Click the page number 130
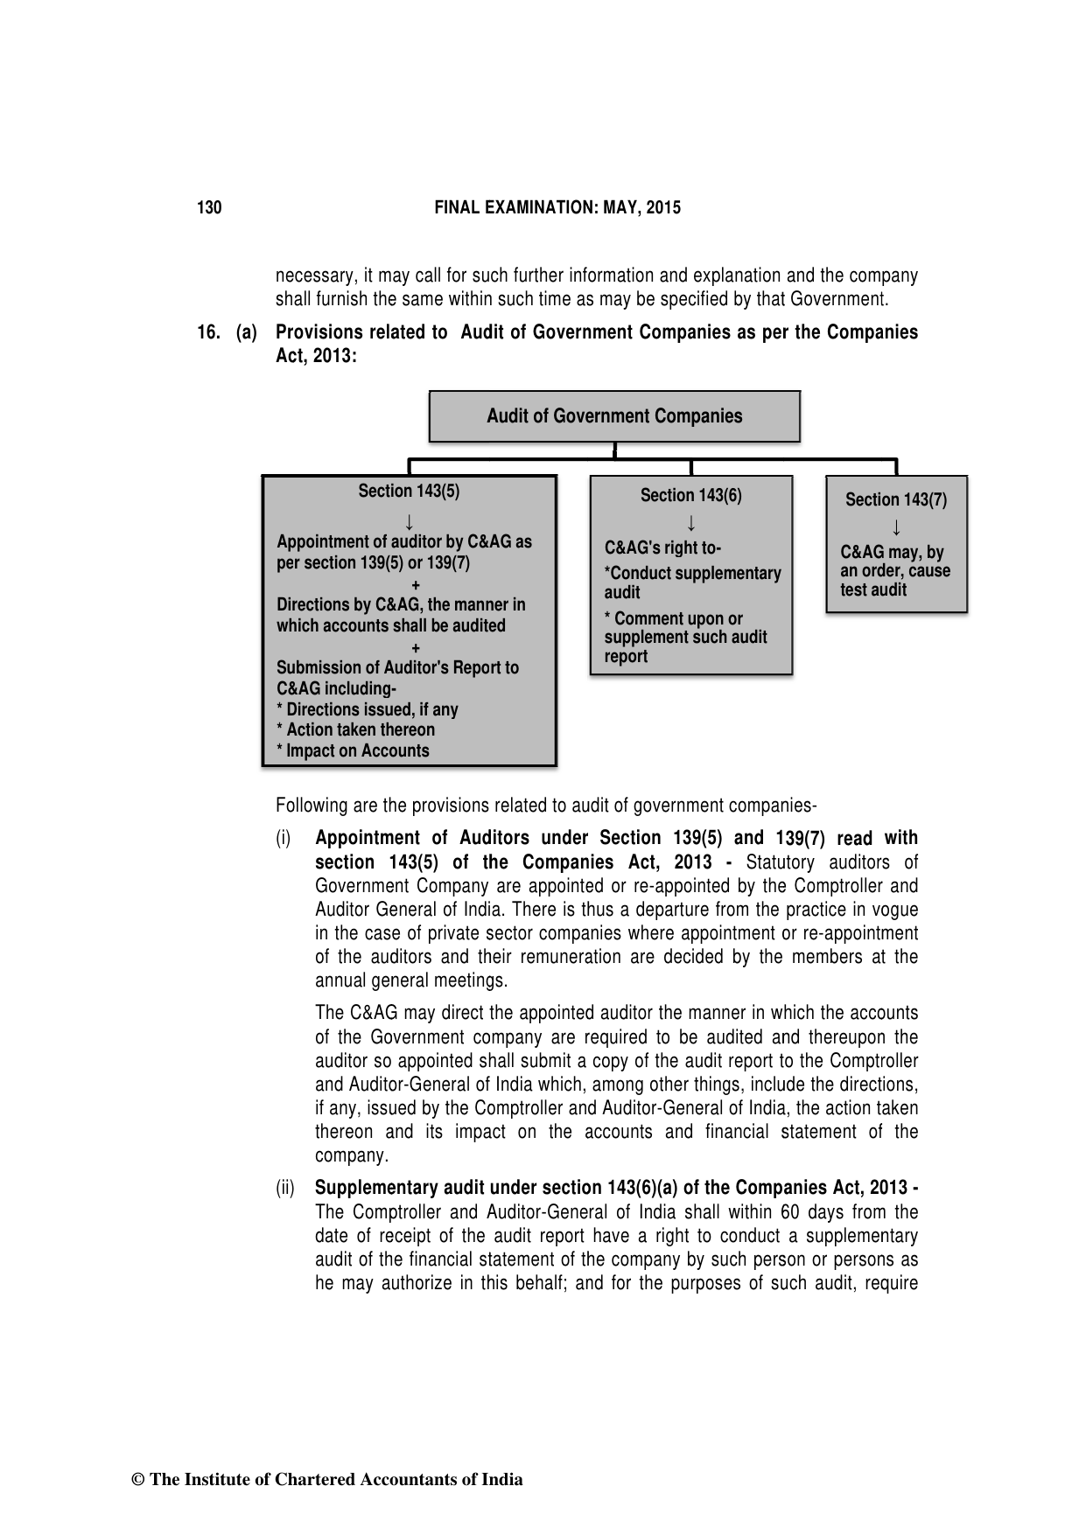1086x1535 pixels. pyautogui.click(x=209, y=208)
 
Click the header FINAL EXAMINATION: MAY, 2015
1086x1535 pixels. pyautogui.click(x=557, y=208)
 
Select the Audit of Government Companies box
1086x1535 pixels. pyautogui.click(x=614, y=416)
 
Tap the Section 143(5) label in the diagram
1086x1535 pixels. pyautogui.click(x=409, y=492)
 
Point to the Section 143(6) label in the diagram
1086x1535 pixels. pyautogui.click(x=690, y=496)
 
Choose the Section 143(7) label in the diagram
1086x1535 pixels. pyautogui.click(x=895, y=500)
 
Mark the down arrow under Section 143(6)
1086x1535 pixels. pyautogui.click(x=691, y=524)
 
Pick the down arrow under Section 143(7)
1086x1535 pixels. pyautogui.click(x=896, y=528)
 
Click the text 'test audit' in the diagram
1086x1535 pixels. pyautogui.click(x=873, y=590)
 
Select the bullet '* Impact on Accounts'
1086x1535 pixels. pyautogui.click(x=353, y=751)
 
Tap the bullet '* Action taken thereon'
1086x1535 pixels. pyautogui.click(x=355, y=730)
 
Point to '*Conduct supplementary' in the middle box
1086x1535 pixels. pyautogui.click(x=692, y=574)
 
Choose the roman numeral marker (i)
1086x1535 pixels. pyautogui.click(x=284, y=839)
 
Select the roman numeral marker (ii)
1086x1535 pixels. pyautogui.click(x=285, y=1189)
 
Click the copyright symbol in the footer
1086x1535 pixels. pyautogui.click(x=137, y=1480)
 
